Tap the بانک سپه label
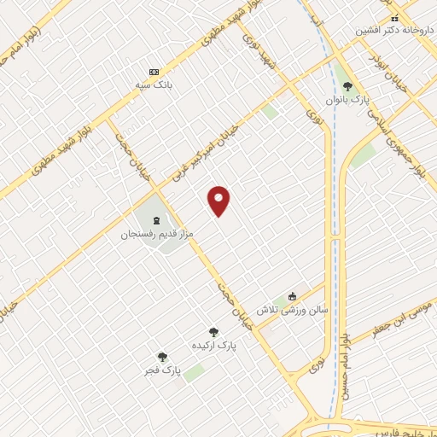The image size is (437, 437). click(154, 86)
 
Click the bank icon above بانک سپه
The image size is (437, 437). click(154, 72)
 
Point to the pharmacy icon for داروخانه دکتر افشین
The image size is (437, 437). click(393, 17)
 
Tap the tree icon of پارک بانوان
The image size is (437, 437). click(347, 85)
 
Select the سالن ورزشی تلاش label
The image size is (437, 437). click(292, 310)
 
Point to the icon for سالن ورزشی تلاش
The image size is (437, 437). click(293, 296)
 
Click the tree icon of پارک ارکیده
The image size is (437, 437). click(213, 332)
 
